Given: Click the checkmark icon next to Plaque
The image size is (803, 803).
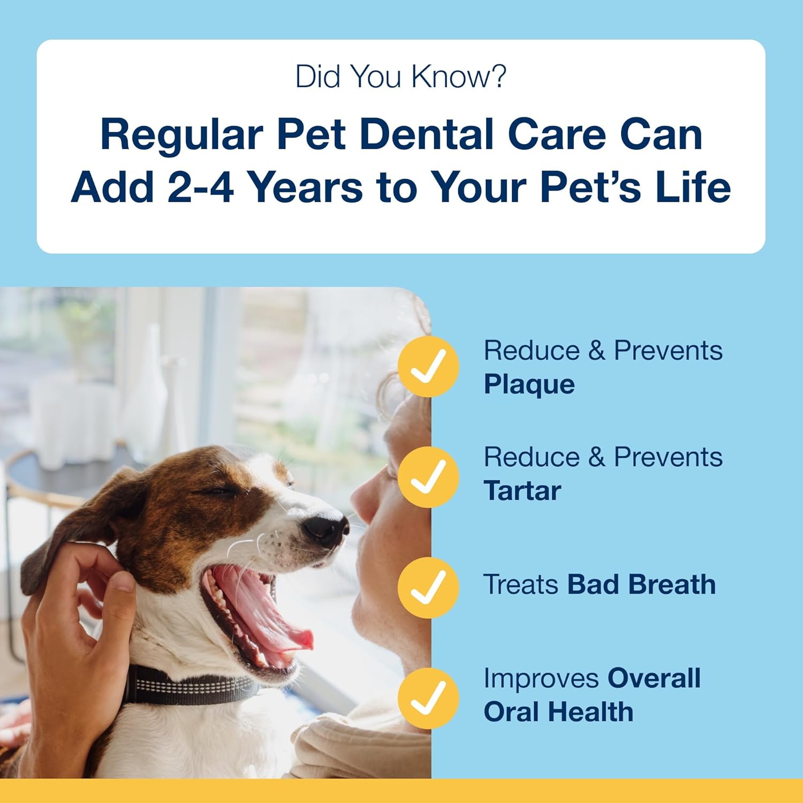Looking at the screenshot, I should (x=428, y=367).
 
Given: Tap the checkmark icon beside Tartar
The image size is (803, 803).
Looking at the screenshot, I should (x=428, y=477).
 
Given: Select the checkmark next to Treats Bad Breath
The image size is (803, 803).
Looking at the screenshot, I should (x=428, y=587).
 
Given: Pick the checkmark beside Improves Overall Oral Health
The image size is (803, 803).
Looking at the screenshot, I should (x=428, y=698).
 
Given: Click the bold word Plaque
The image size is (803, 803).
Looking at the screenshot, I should (x=529, y=384).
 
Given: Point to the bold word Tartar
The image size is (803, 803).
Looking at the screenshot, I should (x=522, y=491).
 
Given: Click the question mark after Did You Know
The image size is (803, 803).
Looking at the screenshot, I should (x=498, y=77).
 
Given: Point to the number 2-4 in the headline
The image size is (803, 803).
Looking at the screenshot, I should (x=200, y=187).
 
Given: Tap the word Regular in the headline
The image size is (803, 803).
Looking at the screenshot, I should (x=181, y=135).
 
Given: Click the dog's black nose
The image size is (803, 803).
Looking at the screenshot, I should (x=325, y=527).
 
